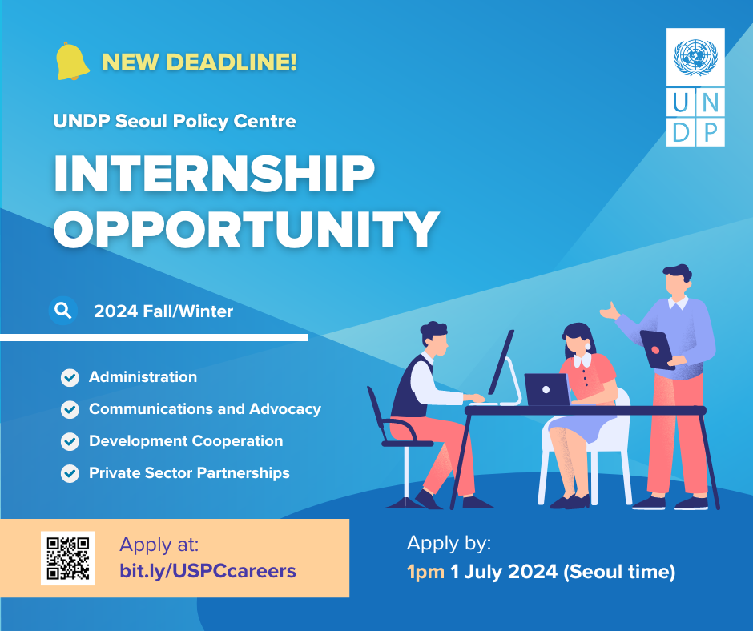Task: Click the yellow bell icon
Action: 72,61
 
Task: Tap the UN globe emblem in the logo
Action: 695,58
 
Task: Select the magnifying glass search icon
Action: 63,311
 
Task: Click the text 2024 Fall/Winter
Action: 163,311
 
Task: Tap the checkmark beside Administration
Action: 70,377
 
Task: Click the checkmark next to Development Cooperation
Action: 70,441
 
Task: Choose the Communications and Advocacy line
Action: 205,408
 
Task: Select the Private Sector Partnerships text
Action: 189,473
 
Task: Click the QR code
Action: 68,558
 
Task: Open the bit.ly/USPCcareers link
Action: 207,571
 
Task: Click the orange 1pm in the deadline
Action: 425,572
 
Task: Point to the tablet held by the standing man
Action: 657,350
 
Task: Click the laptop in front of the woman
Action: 547,389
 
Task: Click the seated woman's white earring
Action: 588,346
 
